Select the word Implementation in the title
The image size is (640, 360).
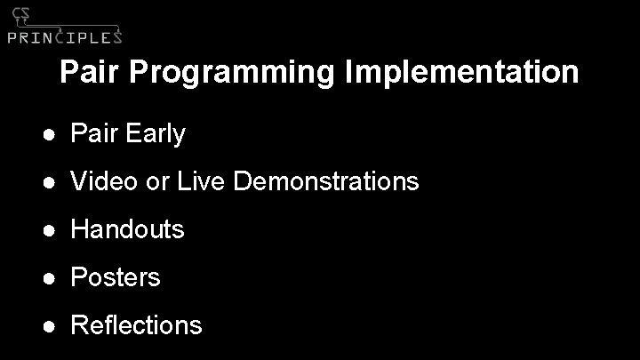pyautogui.click(x=460, y=72)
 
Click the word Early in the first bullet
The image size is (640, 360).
pyautogui.click(x=156, y=135)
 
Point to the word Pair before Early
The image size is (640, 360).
pyautogui.click(x=94, y=134)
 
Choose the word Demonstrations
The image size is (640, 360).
pyautogui.click(x=326, y=181)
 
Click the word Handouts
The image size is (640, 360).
pyautogui.click(x=127, y=229)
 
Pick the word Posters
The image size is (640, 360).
pyautogui.click(x=116, y=277)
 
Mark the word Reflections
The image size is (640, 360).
pyautogui.click(x=136, y=325)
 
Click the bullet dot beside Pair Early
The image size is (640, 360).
pyautogui.click(x=52, y=135)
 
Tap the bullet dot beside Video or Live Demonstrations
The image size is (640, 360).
pyautogui.click(x=52, y=182)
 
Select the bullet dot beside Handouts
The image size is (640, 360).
pyautogui.click(x=52, y=230)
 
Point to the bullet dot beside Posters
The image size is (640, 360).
pyautogui.click(x=52, y=278)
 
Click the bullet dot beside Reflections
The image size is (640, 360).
pyautogui.click(x=52, y=326)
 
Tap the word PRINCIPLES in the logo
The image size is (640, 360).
pyautogui.click(x=64, y=36)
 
